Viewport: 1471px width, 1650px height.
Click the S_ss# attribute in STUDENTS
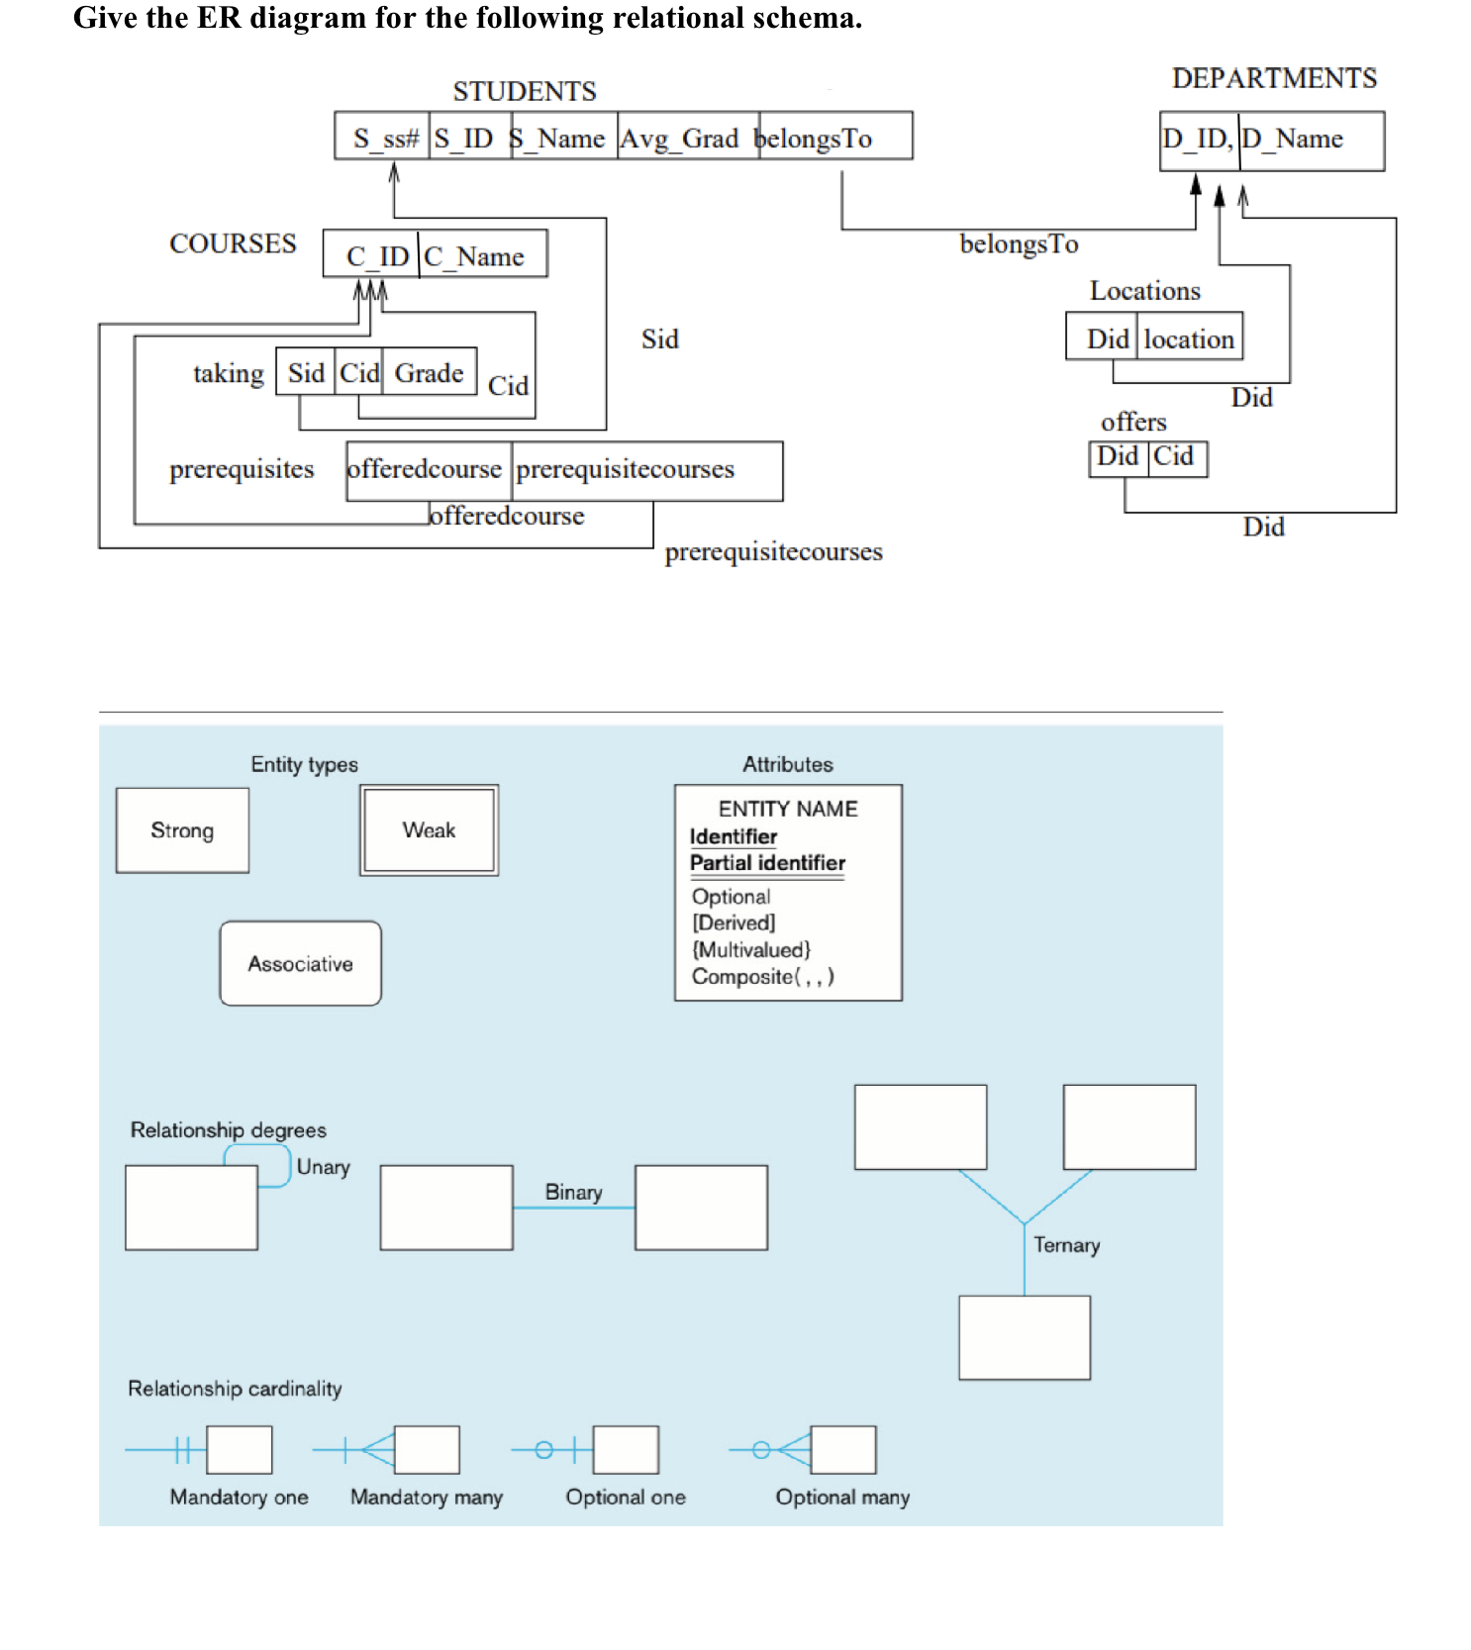coord(384,139)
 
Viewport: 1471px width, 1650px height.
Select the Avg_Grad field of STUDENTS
coord(681,139)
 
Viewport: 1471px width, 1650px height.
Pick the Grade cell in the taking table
coord(429,373)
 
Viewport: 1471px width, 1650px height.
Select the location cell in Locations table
coord(1189,340)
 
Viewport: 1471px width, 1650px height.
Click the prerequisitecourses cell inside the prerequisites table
coord(626,469)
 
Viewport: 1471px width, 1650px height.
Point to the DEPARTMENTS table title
coord(1274,79)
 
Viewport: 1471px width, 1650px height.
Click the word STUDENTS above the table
coord(525,92)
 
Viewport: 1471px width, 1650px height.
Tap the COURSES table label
coord(233,244)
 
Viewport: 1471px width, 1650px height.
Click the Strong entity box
coord(182,830)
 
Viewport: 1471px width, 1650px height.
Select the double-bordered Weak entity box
coord(429,830)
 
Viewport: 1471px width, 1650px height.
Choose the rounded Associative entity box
coord(300,964)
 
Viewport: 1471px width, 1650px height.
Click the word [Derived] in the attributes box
coord(734,922)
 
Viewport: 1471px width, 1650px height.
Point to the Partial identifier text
coord(767,863)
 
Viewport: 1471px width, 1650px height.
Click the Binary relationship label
coord(573,1193)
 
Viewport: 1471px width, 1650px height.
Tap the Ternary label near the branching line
coord(1066,1245)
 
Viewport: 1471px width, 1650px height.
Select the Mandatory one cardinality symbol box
coord(239,1450)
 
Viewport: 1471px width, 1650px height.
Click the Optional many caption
coord(842,1498)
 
